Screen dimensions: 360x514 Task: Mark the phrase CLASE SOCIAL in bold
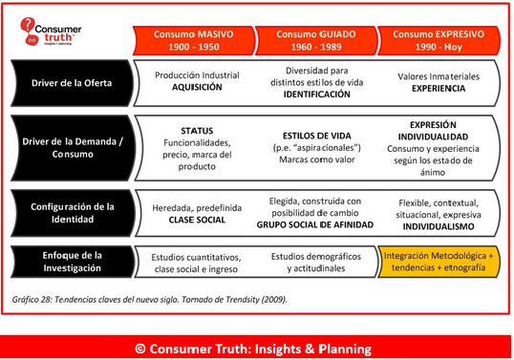click(x=196, y=219)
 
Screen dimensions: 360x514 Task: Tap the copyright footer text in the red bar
click(x=256, y=346)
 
